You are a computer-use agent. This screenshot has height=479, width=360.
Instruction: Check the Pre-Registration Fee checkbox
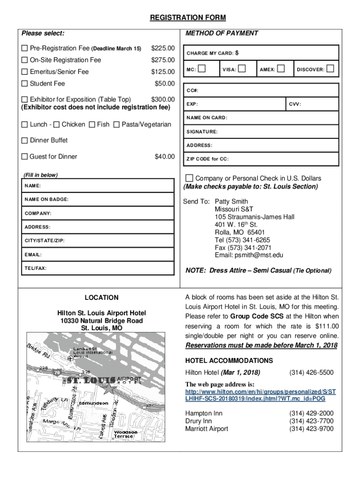click(25, 49)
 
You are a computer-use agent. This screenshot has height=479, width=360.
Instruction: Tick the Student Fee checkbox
click(25, 84)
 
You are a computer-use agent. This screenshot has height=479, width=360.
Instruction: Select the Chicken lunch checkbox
click(57, 124)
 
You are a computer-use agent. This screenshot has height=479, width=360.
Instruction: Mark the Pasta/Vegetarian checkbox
click(116, 124)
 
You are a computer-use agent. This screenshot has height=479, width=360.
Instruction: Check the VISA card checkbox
click(242, 69)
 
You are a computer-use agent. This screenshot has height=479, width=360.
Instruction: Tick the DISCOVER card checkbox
click(330, 69)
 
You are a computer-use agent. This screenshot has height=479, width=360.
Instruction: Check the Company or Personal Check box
click(189, 178)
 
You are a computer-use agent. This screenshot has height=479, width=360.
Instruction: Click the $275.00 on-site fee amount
click(163, 60)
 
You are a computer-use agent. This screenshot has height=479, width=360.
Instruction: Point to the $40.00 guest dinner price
click(165, 157)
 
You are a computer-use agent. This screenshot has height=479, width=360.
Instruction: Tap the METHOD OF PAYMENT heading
click(222, 33)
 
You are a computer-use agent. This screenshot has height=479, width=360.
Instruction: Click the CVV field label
click(295, 104)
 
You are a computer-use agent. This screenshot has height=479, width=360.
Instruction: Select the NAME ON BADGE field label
click(46, 199)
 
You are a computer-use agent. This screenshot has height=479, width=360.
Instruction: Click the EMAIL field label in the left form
click(33, 255)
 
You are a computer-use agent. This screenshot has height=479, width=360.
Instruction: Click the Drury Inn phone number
click(311, 421)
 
